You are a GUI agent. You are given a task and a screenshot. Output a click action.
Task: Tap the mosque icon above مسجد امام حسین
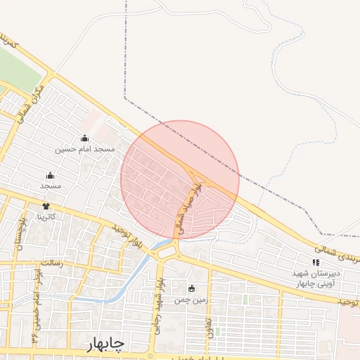[x=84, y=139]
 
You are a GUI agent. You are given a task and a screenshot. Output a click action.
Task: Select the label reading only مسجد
[x=51, y=186]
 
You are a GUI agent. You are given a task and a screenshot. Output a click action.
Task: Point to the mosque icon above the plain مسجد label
[x=50, y=176]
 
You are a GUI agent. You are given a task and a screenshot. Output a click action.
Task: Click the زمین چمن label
[x=192, y=299]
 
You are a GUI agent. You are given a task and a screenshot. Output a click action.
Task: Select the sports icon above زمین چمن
[x=192, y=288]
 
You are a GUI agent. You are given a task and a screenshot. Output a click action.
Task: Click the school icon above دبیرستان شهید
[x=315, y=262]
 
